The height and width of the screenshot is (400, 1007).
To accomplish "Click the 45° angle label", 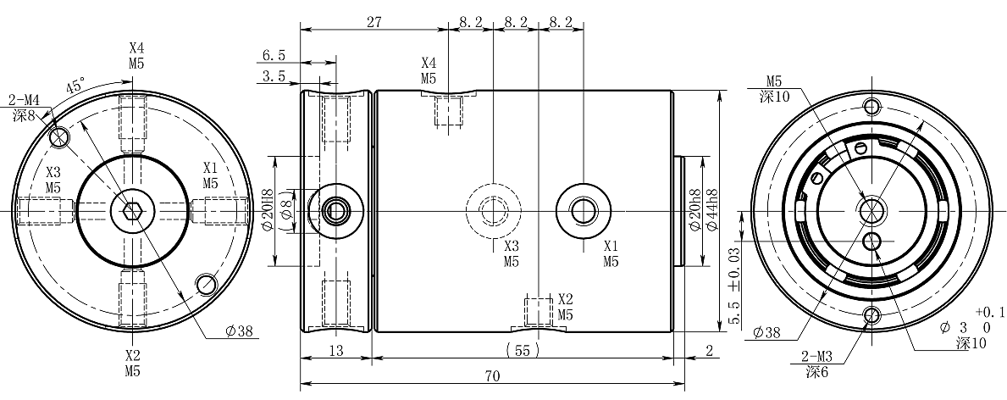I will pyautogui.click(x=75, y=86).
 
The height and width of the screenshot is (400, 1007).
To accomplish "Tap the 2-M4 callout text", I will pyautogui.click(x=24, y=100).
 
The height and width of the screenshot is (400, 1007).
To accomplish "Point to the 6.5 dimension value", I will pyautogui.click(x=274, y=56).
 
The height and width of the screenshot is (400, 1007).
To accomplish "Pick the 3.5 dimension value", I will pyautogui.click(x=274, y=76).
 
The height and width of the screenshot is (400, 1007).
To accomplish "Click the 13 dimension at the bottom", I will pyautogui.click(x=336, y=350).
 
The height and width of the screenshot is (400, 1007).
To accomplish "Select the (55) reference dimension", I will pyautogui.click(x=523, y=350).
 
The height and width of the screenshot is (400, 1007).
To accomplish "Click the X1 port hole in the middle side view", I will pyautogui.click(x=583, y=208).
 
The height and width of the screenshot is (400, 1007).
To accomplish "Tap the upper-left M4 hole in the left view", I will pyautogui.click(x=58, y=136).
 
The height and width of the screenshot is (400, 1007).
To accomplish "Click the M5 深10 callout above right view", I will pyautogui.click(x=774, y=88).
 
